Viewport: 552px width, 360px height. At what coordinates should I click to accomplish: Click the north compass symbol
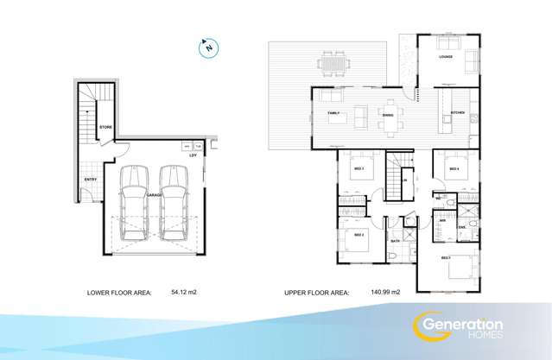[208, 47]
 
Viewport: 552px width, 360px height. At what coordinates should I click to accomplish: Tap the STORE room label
[105, 127]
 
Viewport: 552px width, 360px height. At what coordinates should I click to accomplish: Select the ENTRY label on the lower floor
[91, 180]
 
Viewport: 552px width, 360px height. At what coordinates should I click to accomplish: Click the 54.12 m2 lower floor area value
[184, 294]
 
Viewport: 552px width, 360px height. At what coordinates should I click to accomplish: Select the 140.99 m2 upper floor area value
[384, 294]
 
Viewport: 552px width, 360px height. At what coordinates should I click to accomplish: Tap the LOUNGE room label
[446, 58]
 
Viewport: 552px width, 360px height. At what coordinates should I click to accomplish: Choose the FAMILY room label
[334, 113]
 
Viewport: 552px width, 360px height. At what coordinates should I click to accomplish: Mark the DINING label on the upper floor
[388, 113]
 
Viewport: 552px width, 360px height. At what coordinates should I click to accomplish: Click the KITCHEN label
[458, 113]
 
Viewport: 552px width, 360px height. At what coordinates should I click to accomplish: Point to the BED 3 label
[357, 167]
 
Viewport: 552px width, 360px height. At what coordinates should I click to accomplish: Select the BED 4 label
[454, 168]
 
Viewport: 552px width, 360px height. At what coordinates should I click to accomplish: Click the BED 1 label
[446, 258]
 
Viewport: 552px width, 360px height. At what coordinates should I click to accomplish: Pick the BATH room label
[394, 241]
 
